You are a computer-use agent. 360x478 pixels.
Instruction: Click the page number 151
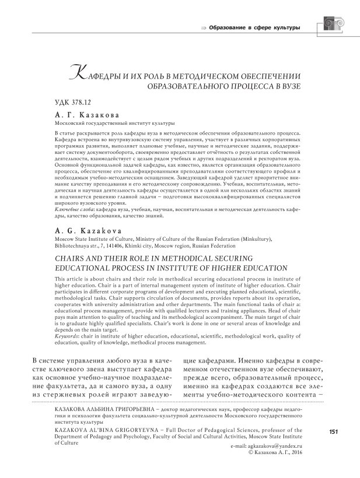[x=335, y=432]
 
